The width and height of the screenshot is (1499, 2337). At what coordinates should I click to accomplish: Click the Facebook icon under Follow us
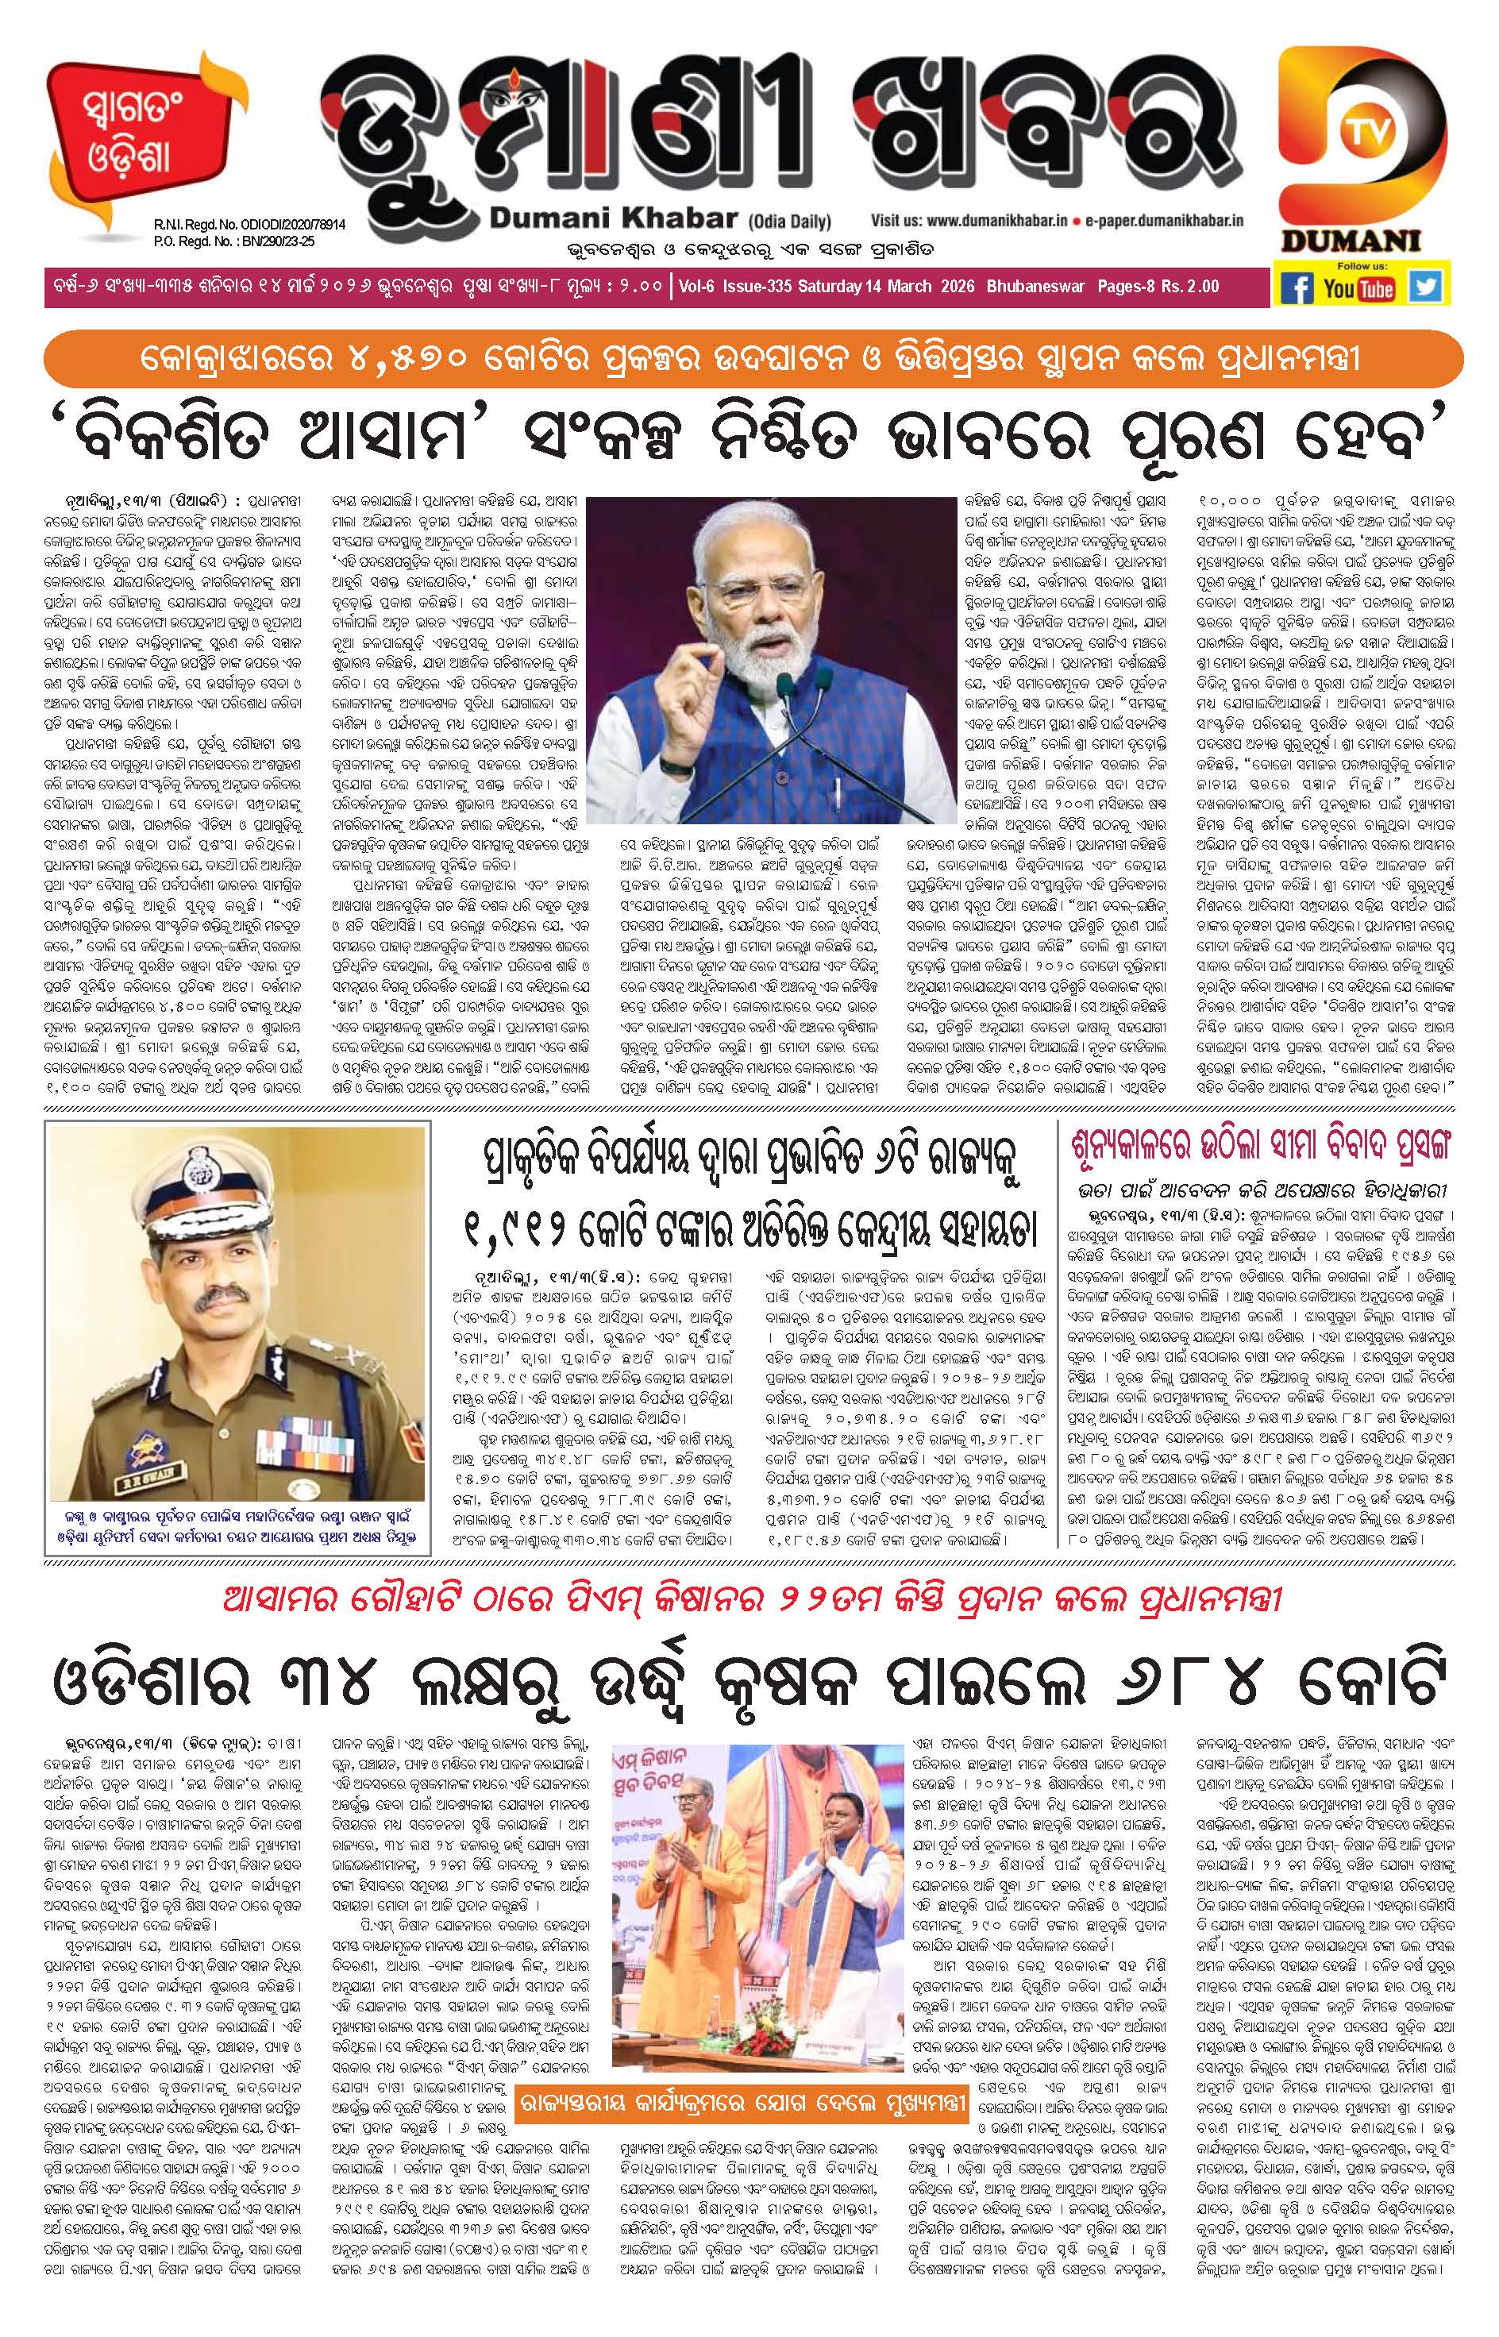click(1297, 288)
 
